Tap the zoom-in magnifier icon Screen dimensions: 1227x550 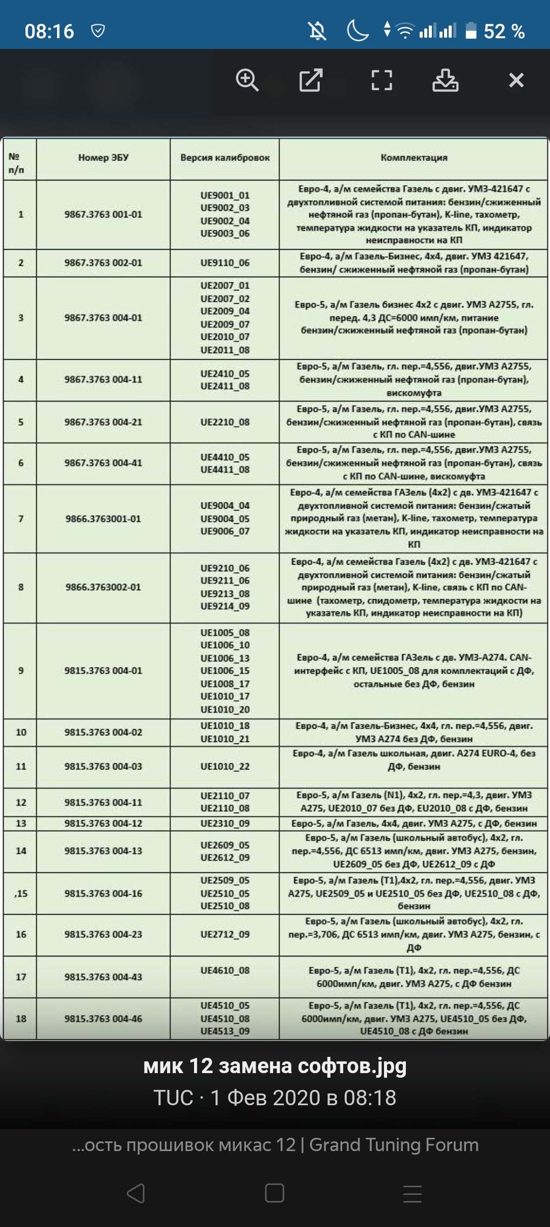click(248, 81)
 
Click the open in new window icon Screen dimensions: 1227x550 click(311, 81)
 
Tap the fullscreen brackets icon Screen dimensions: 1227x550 click(381, 81)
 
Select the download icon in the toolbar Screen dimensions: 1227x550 click(446, 81)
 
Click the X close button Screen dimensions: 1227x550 click(516, 81)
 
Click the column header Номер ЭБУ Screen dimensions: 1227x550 click(103, 158)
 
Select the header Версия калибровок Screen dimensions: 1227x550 click(225, 158)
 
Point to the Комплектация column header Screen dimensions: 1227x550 click(414, 158)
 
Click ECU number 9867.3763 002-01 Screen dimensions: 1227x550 click(103, 263)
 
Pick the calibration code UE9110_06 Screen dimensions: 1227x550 click(225, 263)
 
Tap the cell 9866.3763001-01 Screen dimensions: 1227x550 click(103, 519)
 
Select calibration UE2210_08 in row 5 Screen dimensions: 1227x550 click(225, 422)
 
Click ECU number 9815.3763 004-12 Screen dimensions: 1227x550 click(103, 823)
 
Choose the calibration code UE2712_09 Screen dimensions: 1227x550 click(225, 935)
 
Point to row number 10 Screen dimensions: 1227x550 click(21, 732)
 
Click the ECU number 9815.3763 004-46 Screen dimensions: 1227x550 click(103, 1019)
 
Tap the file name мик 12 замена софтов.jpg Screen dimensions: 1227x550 click(275, 1066)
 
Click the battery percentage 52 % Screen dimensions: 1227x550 click(504, 32)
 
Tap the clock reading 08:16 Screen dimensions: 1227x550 click(49, 32)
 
